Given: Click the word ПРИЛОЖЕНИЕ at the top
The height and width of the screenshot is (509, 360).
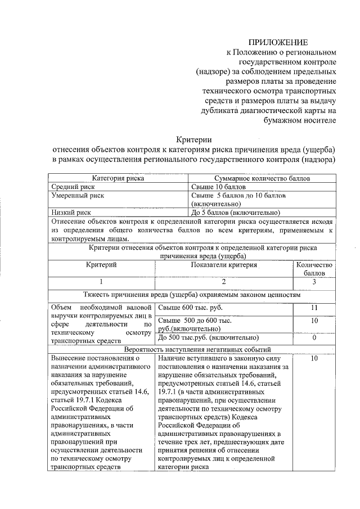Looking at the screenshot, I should pos(279,42).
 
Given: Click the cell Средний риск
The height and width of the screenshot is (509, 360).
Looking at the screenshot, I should pos(73,186).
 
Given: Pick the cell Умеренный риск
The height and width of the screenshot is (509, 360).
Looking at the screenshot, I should pos(77,195).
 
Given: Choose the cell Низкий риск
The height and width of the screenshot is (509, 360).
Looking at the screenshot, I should pos(71,213).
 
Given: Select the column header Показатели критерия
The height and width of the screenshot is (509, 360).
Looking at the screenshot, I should pos(224,264).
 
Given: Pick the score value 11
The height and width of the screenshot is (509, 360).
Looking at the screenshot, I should pos(314,308).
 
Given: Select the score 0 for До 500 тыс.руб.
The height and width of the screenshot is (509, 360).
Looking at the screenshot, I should pos(314,338).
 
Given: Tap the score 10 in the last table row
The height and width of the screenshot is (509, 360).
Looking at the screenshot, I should pos(314,358).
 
